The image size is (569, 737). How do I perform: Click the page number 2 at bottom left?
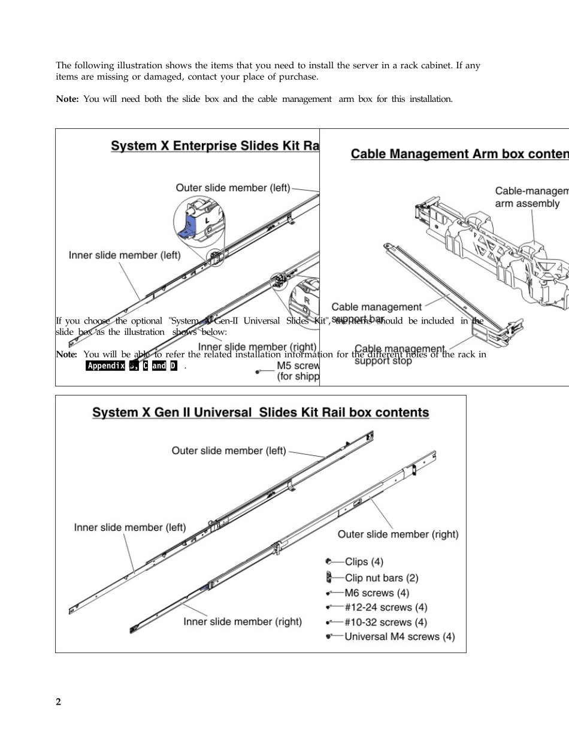pos(58,702)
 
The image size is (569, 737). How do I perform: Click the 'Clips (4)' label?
pos(364,561)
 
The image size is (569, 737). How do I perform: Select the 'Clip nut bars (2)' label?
pos(382,578)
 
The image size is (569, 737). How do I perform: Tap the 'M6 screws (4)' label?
pos(377,593)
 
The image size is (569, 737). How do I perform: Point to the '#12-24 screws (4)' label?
pos(386,608)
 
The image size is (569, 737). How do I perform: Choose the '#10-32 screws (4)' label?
pos(386,622)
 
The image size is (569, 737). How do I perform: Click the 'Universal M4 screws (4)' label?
pos(399,636)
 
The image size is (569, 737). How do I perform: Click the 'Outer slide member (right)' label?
pos(398,534)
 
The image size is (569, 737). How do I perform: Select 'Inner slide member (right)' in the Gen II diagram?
pos(243,621)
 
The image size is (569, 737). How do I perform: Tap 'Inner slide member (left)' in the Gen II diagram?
pos(130,527)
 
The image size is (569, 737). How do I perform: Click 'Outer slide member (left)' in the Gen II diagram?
pos(229,451)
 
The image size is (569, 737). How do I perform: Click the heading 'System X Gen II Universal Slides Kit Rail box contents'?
pos(261,413)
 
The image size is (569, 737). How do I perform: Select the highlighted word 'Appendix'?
pos(105,366)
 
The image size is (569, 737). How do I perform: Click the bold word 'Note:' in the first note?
pos(67,99)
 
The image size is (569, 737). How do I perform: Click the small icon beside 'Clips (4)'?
pos(328,561)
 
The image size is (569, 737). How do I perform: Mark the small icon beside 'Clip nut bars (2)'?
pos(329,578)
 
